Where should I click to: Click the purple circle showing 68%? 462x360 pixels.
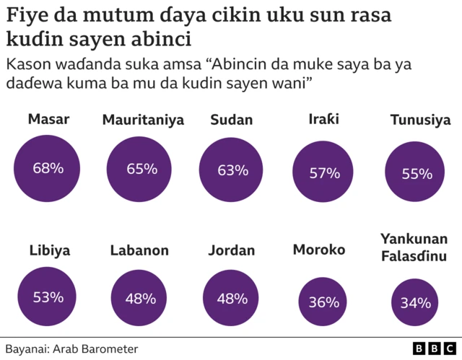tap(48, 168)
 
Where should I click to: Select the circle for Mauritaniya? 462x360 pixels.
tap(141, 169)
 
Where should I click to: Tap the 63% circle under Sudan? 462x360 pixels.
tap(232, 170)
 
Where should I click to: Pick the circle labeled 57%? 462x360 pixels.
tap(324, 172)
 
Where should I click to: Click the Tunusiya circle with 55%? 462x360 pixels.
tap(417, 173)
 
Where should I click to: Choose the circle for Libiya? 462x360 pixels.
tap(48, 297)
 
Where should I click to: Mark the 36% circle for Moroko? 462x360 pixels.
tap(324, 302)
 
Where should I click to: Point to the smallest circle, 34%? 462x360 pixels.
tap(415, 303)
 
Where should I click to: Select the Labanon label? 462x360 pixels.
tap(139, 251)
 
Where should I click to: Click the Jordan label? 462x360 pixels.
tap(232, 251)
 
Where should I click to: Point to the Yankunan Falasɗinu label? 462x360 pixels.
tap(414, 247)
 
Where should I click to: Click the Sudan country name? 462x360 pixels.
tap(232, 120)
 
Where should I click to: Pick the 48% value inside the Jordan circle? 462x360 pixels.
tap(232, 298)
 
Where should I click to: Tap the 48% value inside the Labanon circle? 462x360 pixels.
tap(140, 298)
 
